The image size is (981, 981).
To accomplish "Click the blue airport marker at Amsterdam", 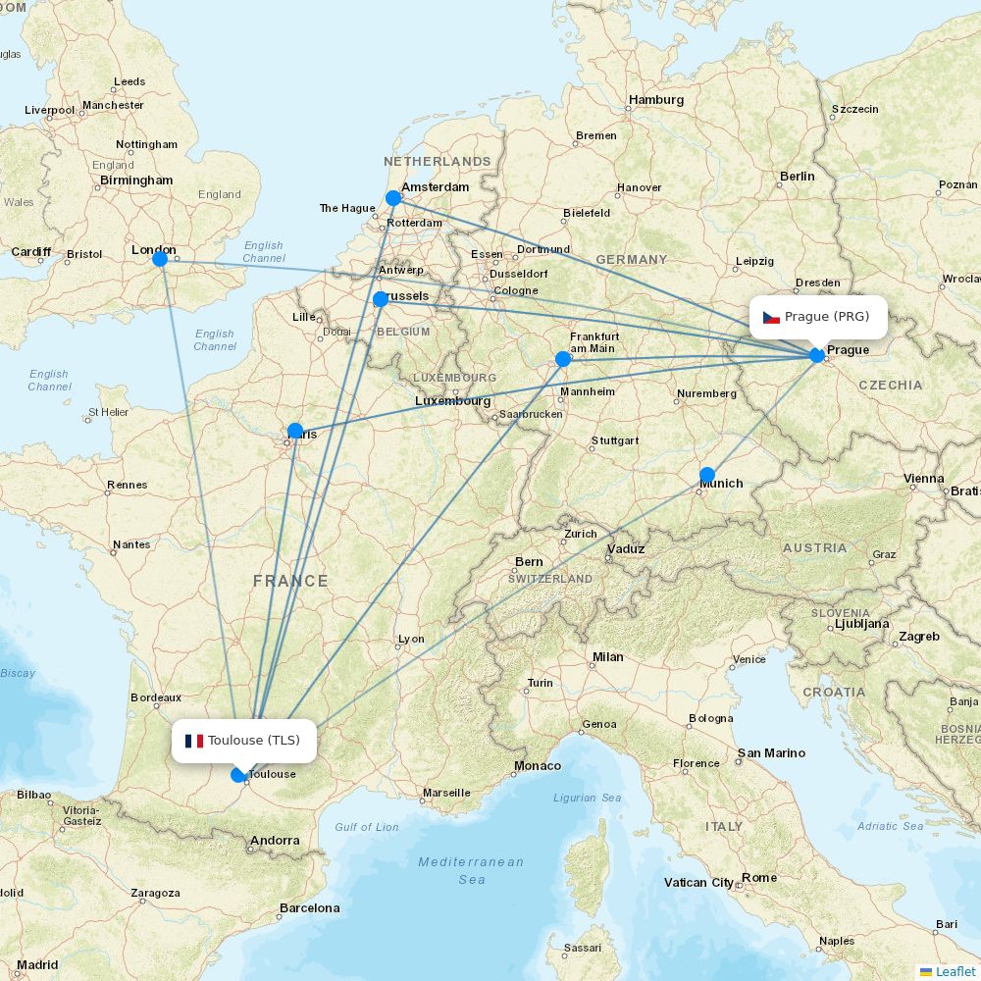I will (x=393, y=198).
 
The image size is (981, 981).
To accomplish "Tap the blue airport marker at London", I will (x=160, y=259).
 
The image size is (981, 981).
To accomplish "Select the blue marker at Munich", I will (x=707, y=475).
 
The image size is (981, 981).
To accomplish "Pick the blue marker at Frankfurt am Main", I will (x=563, y=359).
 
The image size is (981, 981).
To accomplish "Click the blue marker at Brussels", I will (x=381, y=299).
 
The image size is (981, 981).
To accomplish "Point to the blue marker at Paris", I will (x=295, y=431).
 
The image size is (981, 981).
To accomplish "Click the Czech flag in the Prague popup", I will (x=771, y=317).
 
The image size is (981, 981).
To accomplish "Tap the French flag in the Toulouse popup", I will (x=193, y=741).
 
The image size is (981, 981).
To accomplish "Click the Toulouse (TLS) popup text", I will (x=254, y=740).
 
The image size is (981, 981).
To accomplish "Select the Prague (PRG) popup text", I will (x=827, y=316).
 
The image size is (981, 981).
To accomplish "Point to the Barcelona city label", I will (x=309, y=907).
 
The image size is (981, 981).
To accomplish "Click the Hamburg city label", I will (x=656, y=100).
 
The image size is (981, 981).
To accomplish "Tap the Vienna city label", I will (x=923, y=479).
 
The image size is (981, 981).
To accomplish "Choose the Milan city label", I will (x=607, y=656).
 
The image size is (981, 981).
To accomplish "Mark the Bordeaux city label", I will (x=155, y=697).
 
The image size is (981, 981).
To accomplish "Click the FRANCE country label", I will (x=290, y=581).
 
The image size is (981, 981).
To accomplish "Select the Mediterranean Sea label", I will (x=471, y=870).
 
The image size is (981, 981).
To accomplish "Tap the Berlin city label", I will (x=797, y=177).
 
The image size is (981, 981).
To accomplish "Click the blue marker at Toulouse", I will (x=238, y=775).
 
